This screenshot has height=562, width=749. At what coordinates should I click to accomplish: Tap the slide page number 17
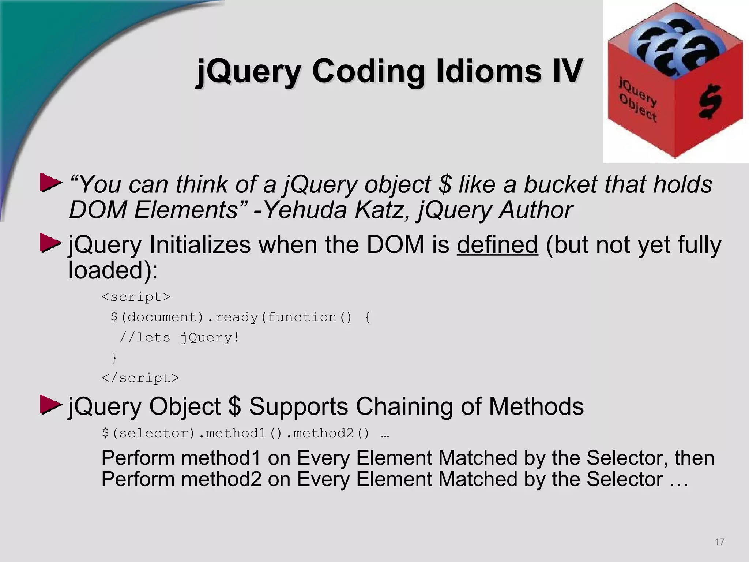coord(719,542)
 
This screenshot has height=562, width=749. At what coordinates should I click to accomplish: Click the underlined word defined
coord(497,245)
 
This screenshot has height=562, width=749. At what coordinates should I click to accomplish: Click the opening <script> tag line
coord(136,297)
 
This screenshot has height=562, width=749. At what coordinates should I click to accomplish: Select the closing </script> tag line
coord(140,378)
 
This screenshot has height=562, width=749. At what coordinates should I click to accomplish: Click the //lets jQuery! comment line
coord(179,337)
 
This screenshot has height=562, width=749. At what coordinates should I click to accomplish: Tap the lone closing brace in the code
coord(114,357)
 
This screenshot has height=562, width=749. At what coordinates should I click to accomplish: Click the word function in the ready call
coord(302,317)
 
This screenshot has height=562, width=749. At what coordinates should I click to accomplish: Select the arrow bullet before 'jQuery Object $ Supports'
coord(50,405)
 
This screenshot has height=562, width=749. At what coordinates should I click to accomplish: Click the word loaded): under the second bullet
coord(113,270)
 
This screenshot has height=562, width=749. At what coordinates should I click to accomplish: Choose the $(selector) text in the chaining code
coord(148,434)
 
